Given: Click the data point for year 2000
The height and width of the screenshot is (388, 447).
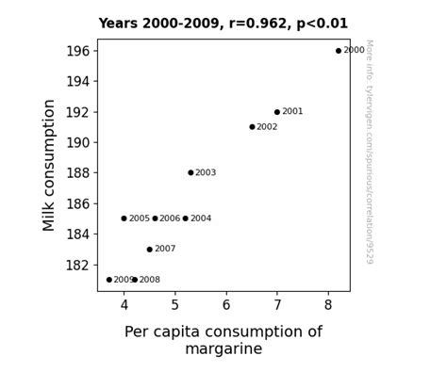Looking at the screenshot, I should click(339, 51).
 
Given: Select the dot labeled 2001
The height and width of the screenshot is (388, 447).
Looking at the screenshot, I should click(277, 112).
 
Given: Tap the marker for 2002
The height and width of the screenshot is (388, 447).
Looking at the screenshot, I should click(252, 127).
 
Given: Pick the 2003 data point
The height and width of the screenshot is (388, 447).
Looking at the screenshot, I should click(190, 173).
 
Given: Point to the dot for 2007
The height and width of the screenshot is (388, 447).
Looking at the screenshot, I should click(149, 250).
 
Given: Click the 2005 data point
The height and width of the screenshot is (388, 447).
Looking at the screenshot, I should click(124, 218).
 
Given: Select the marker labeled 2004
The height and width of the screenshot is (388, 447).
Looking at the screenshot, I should click(185, 218).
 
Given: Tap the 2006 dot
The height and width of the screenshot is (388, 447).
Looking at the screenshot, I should click(155, 218).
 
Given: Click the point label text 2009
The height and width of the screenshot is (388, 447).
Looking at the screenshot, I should click(124, 280).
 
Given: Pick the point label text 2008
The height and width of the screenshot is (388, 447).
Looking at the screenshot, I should click(149, 280).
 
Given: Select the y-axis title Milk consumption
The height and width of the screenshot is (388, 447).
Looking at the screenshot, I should click(50, 165).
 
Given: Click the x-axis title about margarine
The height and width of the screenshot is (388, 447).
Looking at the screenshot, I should click(223, 340).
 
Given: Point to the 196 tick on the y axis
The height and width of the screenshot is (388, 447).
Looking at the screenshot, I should click(77, 51).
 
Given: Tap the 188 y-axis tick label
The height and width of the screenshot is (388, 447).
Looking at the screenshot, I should click(77, 173).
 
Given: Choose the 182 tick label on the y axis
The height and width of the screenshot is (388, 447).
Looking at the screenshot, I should click(77, 265).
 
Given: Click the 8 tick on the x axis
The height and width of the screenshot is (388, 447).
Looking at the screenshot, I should click(328, 305).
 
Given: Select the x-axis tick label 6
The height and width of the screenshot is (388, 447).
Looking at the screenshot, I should click(226, 305).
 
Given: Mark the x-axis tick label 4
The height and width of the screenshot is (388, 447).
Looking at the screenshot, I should click(124, 305).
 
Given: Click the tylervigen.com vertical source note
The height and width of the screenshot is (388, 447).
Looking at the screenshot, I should click(369, 151).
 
